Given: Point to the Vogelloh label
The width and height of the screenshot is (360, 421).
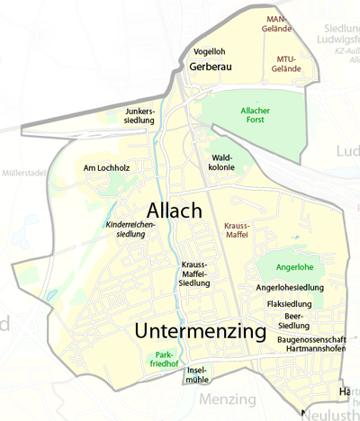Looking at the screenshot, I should pos(209,51).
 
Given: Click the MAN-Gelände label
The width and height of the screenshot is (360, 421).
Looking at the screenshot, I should pos(281,23).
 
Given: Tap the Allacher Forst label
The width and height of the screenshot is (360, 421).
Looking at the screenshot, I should pos(255,115).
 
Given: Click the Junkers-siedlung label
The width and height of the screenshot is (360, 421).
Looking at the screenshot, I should pos(140,115).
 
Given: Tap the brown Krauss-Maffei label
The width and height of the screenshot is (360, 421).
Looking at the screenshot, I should pos(237,230).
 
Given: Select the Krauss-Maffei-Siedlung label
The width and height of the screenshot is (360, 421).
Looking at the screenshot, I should pos(195,273).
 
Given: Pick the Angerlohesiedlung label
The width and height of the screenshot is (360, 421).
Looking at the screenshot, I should pos(289,288).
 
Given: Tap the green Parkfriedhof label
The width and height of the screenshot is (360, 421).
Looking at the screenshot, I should pos(164,361).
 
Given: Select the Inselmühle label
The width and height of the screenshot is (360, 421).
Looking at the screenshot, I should pos(196,375).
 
